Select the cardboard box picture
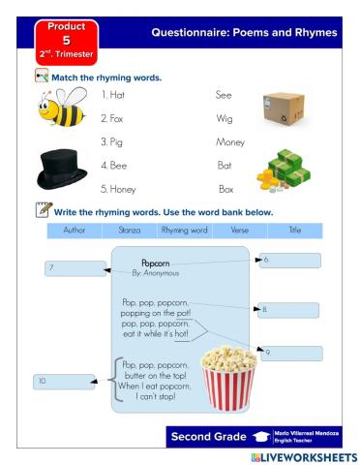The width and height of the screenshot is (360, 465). coord(284,106)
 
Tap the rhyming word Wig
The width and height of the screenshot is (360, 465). coord(224,118)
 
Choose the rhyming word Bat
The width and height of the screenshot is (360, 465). coord(225,166)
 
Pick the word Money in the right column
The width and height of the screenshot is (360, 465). coord(229,141)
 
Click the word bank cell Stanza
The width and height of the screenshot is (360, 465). coord(130,231)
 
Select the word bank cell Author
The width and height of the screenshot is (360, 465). coord(75,231)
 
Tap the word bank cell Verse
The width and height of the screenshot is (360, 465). coord(239,231)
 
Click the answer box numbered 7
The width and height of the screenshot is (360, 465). coord(75,268)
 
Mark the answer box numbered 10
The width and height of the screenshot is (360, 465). coord(64,382)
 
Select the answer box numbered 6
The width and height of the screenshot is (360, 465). coord(290,260)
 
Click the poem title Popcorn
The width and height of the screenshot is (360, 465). coord(156,263)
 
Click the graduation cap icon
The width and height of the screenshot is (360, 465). coord(259,437)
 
